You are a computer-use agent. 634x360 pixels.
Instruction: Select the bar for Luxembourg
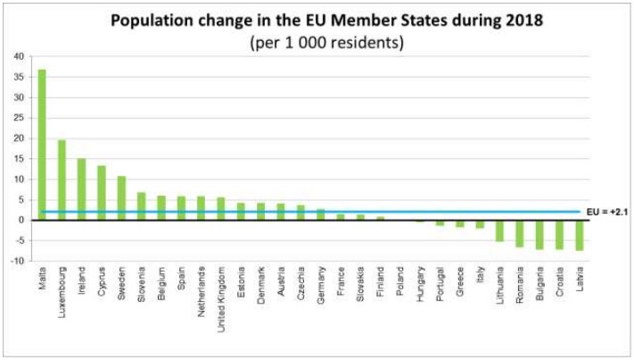tap(62, 180)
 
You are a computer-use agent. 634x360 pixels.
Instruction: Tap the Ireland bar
tap(82, 189)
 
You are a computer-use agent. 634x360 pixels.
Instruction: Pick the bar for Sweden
tap(121, 197)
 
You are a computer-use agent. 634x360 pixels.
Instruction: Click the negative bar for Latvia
tap(579, 235)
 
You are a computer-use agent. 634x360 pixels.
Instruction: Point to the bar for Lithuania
tap(499, 230)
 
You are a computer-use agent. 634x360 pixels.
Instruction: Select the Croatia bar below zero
tap(559, 234)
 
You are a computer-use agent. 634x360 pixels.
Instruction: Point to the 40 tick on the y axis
tap(19, 57)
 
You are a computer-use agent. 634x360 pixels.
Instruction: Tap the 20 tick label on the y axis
tap(19, 138)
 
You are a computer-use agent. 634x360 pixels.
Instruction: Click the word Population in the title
tap(151, 20)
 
